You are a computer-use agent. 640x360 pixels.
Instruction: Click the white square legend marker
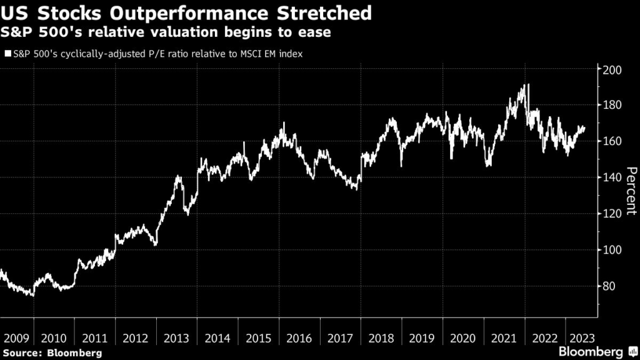click(7, 54)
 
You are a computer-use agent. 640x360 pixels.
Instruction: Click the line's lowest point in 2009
click(32, 295)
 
